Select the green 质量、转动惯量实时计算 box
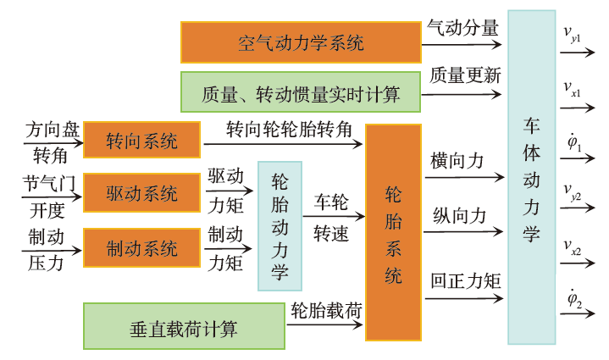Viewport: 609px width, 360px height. [301, 91]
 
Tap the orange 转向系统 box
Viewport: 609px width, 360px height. [142, 141]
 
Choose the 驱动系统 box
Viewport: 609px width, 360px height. [142, 193]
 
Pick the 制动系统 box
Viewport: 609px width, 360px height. [142, 249]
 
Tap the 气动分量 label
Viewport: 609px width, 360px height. [462, 27]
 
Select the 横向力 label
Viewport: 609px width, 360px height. [457, 161]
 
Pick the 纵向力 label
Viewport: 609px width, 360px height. [457, 216]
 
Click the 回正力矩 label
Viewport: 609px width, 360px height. [464, 280]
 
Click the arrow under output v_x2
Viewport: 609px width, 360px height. [579, 262]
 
